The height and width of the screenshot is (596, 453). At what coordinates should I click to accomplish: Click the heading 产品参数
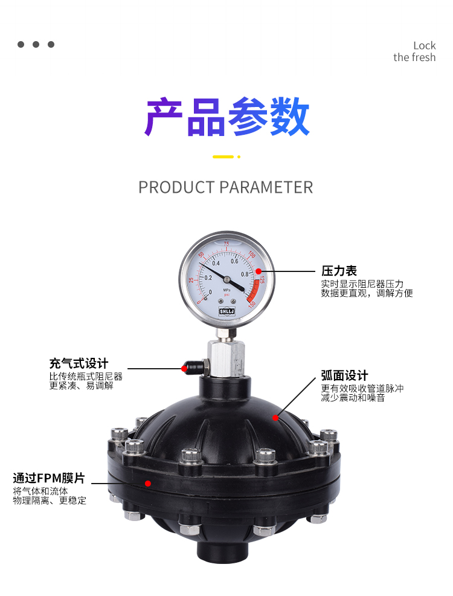point(226,117)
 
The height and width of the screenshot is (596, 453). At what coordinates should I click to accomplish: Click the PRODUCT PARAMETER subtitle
point(225,187)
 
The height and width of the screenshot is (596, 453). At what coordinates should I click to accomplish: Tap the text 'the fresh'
point(414,57)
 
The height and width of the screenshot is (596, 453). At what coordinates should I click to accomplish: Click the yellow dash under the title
point(223,157)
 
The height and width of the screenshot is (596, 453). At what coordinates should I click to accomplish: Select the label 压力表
point(339,271)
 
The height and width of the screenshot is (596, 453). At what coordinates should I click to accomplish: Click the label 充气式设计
point(79,363)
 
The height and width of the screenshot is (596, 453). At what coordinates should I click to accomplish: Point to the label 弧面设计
point(344,375)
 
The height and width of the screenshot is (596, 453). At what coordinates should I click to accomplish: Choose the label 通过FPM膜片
point(49,478)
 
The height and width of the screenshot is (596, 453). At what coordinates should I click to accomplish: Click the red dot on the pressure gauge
point(259,271)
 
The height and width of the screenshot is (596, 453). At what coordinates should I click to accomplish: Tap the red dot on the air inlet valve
point(184,368)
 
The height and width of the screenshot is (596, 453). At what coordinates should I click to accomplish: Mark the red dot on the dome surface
point(275,418)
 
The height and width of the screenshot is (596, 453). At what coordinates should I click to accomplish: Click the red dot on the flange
point(148,483)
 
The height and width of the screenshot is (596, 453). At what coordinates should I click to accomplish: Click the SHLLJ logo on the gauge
point(226,311)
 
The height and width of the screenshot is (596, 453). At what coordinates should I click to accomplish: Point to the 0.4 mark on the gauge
point(216,263)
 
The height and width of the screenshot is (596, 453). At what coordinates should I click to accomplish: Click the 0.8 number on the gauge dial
point(245,274)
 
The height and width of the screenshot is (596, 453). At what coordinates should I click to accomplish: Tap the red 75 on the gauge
point(226,244)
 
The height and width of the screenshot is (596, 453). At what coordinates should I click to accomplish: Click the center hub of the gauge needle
point(226,279)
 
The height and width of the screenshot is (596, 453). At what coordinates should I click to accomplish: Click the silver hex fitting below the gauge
point(226,358)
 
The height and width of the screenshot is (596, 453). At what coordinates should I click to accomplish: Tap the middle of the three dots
point(36,45)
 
